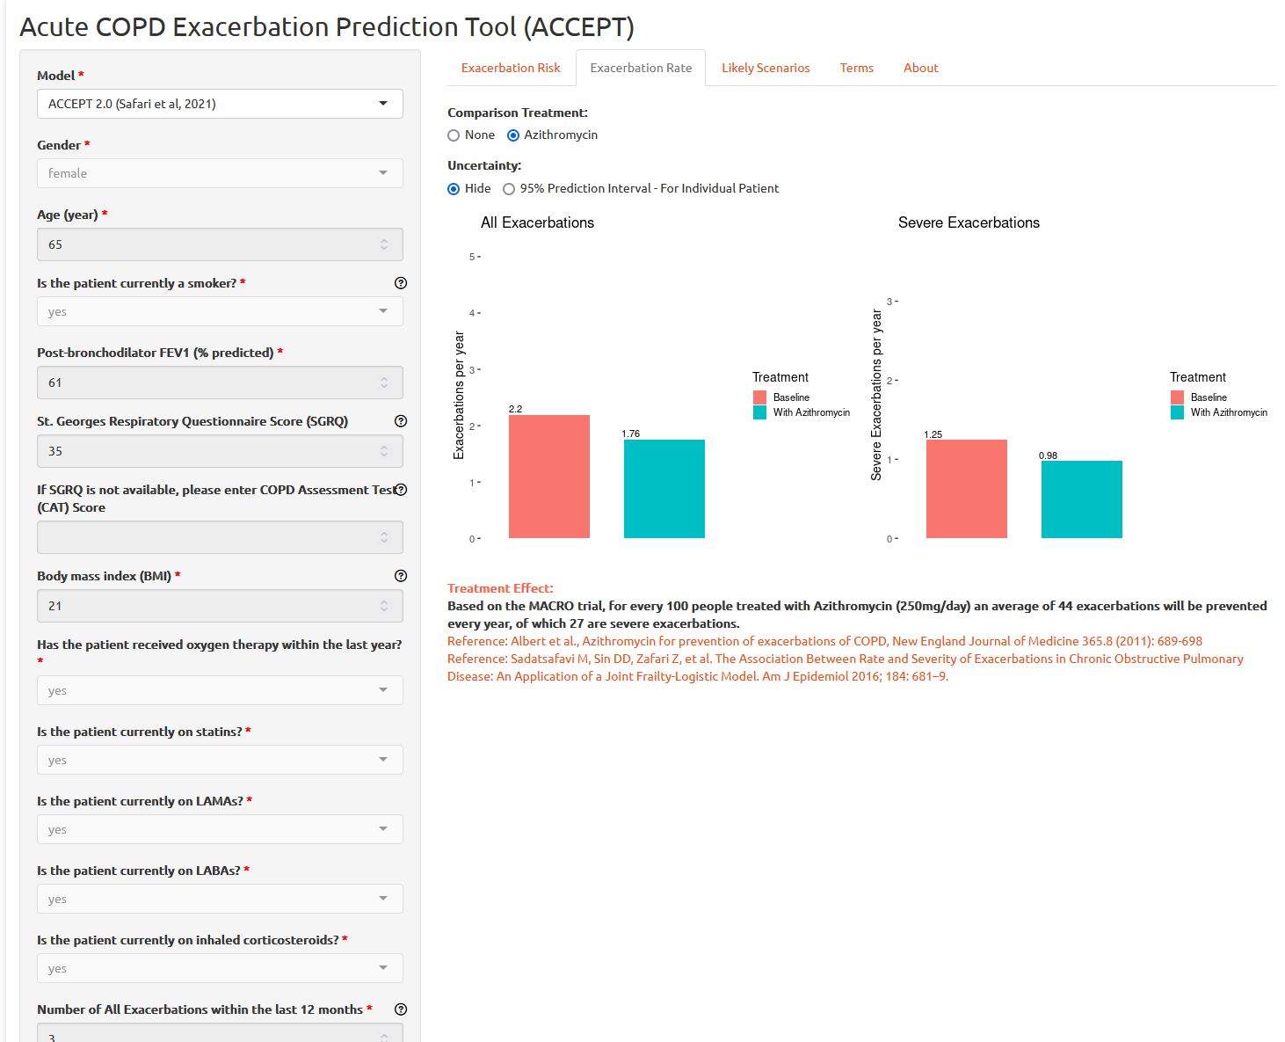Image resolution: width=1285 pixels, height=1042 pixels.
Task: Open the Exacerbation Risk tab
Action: [x=511, y=68]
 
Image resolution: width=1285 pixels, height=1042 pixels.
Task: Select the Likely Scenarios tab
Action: [x=766, y=68]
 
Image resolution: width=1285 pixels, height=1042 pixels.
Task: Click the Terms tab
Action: [x=856, y=68]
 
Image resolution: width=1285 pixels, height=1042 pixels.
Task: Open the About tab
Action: [x=920, y=68]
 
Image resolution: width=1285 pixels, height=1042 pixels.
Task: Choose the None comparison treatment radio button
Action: [x=454, y=135]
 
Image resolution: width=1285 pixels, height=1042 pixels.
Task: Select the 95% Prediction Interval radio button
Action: [x=509, y=189]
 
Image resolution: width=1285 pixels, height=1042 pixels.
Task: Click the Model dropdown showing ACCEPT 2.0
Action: [x=220, y=104]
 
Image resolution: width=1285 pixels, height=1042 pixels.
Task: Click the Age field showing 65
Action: [x=211, y=244]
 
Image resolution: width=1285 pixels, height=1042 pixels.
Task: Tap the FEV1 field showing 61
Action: [x=211, y=383]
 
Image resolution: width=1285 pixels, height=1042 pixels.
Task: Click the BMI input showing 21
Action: [x=211, y=606]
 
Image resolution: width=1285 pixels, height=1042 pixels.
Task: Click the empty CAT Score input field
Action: [x=211, y=537]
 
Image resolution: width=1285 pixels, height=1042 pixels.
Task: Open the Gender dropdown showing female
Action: [x=220, y=173]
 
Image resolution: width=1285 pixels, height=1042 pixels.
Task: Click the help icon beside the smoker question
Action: [x=401, y=283]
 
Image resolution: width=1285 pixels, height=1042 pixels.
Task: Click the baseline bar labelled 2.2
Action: [x=549, y=477]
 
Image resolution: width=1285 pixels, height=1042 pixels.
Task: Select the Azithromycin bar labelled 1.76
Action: [x=664, y=489]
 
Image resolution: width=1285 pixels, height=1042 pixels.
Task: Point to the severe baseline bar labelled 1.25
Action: [x=967, y=489]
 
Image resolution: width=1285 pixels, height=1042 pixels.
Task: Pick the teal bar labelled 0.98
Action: [x=1082, y=499]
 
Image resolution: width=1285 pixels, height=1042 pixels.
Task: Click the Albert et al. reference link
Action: [x=824, y=641]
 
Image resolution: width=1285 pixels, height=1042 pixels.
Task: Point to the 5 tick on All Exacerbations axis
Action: [x=473, y=257]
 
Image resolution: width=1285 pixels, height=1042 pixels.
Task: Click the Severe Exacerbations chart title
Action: [x=969, y=222]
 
